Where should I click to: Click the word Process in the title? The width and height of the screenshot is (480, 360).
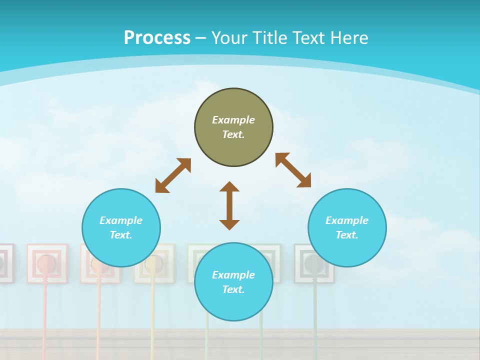click(157, 38)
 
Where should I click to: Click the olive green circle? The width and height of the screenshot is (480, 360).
click(233, 127)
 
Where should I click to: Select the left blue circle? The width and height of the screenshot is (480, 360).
click(121, 228)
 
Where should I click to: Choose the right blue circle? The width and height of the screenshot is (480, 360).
click(347, 228)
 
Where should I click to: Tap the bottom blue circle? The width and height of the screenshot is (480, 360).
click(233, 282)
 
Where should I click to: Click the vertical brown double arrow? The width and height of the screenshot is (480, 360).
click(229, 205)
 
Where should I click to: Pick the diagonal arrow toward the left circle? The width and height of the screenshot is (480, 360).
click(173, 175)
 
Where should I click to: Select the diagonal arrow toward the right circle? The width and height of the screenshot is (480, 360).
click(293, 170)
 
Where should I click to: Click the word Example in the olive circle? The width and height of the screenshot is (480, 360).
click(233, 120)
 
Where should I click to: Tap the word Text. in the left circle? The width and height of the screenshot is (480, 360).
click(121, 235)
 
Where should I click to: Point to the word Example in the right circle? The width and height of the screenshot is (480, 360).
click(347, 220)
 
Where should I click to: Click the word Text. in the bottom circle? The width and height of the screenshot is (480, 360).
click(233, 289)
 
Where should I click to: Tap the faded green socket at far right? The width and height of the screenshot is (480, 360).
click(314, 263)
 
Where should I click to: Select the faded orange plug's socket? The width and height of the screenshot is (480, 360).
click(100, 263)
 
